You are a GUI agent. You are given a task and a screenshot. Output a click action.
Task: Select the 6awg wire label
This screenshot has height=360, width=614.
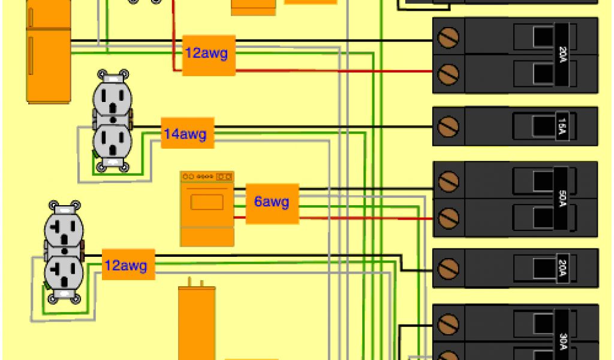(x=272, y=202)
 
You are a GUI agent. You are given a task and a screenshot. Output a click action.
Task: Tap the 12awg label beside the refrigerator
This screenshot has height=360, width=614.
(x=208, y=53)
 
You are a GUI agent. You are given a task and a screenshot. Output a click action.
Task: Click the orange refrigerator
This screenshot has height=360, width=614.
(x=49, y=54)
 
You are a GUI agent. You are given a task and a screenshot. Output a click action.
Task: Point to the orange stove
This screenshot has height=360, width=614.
(x=207, y=208)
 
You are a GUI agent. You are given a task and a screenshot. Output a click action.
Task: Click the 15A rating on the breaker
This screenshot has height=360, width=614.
(x=562, y=127)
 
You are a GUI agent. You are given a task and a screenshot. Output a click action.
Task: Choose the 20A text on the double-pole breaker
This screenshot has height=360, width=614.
(x=562, y=55)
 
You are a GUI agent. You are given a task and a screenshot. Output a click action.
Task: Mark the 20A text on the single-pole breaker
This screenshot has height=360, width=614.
(x=562, y=268)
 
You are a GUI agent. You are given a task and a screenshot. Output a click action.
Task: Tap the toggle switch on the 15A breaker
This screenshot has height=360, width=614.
(x=543, y=126)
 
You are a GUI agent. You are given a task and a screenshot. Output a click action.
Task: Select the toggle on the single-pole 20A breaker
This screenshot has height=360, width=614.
(x=543, y=268)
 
